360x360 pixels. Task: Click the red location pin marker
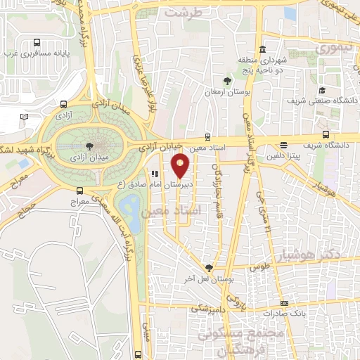181,166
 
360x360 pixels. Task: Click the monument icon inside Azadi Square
91,146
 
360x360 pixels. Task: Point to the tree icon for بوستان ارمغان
226,80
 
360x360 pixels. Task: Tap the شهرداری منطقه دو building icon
262,49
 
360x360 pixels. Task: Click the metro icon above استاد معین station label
207,137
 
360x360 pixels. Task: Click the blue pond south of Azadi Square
130,207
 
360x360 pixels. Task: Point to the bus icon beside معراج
79,190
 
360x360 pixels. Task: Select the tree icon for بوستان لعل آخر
208,268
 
